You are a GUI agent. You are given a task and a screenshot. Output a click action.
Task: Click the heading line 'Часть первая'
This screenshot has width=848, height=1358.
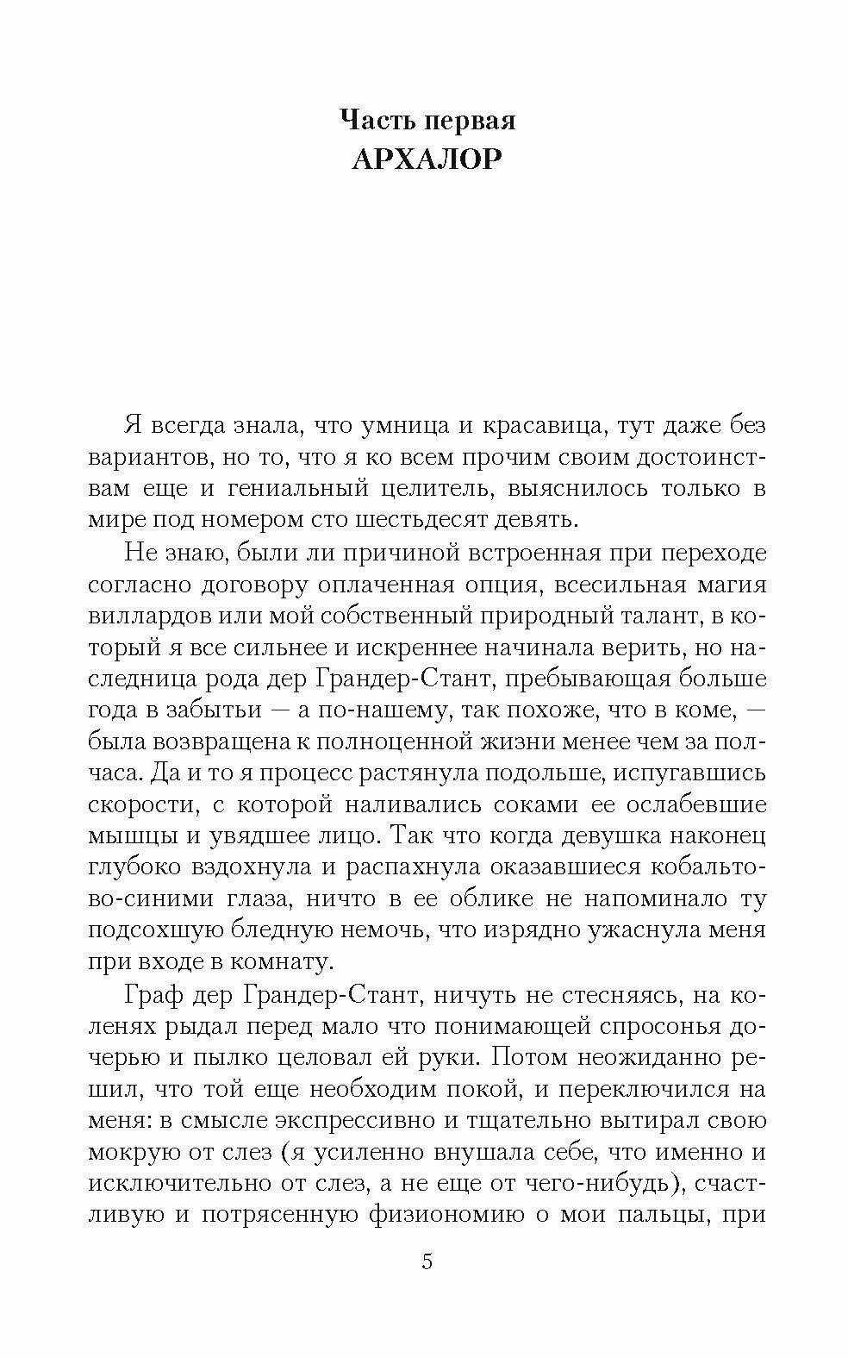(427, 120)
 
